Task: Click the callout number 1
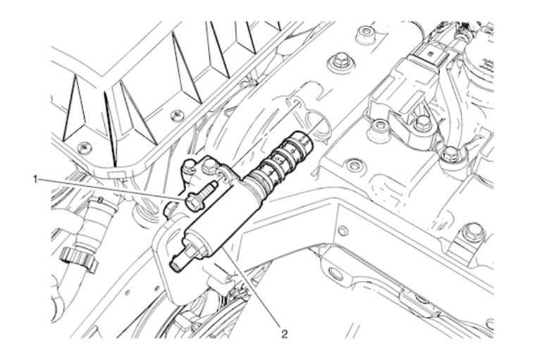pos(35,180)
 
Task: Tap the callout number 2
pos(284,333)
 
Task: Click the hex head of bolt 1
pos(195,202)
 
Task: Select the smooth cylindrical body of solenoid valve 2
pos(221,221)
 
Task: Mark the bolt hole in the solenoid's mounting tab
pos(221,176)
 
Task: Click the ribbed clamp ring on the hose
pos(78,259)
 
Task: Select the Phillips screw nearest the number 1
pos(85,147)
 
